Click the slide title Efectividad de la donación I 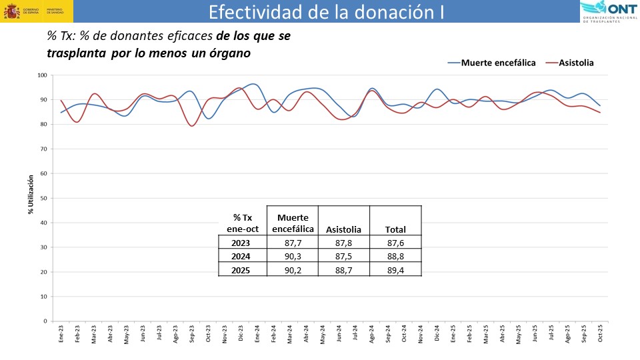click(325, 12)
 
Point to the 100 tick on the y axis click(41, 75)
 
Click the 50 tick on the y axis click(43, 198)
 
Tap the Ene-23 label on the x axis click(61, 333)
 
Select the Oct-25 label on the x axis click(600, 333)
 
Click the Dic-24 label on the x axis click(437, 333)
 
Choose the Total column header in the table click(395, 230)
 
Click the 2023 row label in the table click(242, 243)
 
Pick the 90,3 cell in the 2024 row click(292, 256)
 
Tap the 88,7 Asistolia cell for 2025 click(343, 269)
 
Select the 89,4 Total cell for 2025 click(395, 269)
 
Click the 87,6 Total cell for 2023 click(395, 243)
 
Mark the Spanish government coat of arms click(11, 11)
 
